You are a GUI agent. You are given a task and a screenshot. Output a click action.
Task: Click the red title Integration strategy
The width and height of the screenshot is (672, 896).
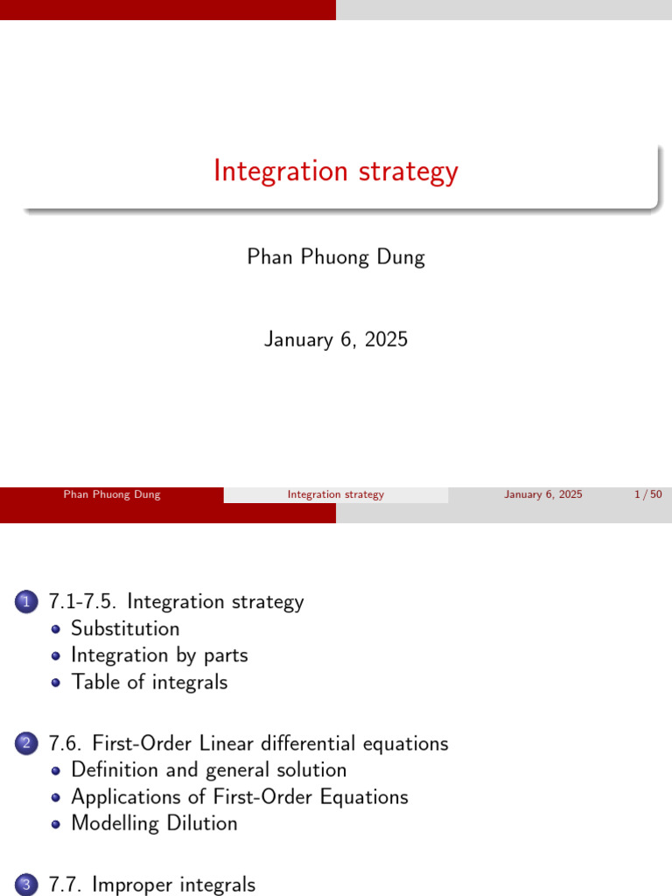336,171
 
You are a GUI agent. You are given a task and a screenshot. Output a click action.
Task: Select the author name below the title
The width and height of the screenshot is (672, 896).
336,257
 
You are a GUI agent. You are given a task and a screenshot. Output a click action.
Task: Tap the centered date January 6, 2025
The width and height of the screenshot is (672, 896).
336,339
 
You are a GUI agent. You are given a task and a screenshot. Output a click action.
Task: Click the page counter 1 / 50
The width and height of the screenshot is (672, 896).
648,494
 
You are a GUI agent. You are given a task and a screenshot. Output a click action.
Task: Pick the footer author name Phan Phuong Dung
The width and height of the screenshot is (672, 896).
112,494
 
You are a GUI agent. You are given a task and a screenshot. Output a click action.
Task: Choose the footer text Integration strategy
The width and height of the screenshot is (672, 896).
335,494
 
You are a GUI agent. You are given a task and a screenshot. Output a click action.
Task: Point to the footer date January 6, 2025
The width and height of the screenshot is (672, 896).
543,494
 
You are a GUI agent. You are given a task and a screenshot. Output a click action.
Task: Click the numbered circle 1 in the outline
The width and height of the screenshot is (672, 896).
26,602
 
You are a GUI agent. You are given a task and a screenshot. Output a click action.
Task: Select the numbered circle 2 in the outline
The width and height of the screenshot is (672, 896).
26,744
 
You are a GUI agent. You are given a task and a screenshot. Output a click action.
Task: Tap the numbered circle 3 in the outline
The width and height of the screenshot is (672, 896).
26,885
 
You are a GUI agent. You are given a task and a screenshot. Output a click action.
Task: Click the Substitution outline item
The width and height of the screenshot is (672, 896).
125,628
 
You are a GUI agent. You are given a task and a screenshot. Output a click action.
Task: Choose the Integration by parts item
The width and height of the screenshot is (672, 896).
159,655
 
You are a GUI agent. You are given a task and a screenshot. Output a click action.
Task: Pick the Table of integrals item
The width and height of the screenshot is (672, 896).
149,682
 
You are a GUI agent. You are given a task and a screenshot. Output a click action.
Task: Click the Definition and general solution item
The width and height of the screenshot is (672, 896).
208,770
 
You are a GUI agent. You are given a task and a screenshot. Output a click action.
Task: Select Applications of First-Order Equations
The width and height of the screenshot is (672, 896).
240,797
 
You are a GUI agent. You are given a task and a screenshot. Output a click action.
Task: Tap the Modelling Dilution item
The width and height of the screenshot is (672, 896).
154,823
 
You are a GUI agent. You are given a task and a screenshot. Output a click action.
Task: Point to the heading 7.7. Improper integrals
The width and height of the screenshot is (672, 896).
152,885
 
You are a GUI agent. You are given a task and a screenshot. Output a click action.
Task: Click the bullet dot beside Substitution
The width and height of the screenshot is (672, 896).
55,629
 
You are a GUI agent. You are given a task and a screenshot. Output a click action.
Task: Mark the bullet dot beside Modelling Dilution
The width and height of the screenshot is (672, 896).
55,824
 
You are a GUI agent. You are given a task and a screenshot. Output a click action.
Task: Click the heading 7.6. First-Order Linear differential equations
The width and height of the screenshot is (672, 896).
248,744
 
